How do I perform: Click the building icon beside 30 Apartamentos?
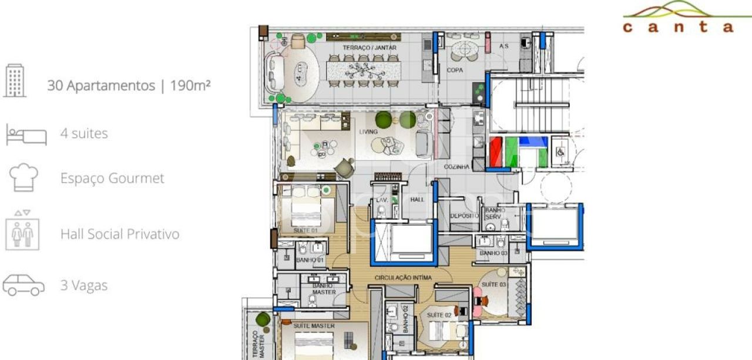pyautogui.click(x=16, y=81)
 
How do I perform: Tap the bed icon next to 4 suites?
pyautogui.click(x=26, y=134)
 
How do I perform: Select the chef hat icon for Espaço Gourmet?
pyautogui.click(x=24, y=178)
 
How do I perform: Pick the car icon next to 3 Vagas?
pyautogui.click(x=23, y=285)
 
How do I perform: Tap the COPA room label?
pyautogui.click(x=455, y=70)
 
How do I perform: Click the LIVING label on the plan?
pyautogui.click(x=368, y=132)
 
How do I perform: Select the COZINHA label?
pyautogui.click(x=456, y=167)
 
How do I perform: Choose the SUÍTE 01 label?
pyautogui.click(x=305, y=230)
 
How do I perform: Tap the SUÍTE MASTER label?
pyautogui.click(x=314, y=325)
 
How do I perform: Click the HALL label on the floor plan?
pyautogui.click(x=417, y=200)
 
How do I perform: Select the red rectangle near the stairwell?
pyautogui.click(x=497, y=152)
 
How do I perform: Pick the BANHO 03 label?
pyautogui.click(x=492, y=253)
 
